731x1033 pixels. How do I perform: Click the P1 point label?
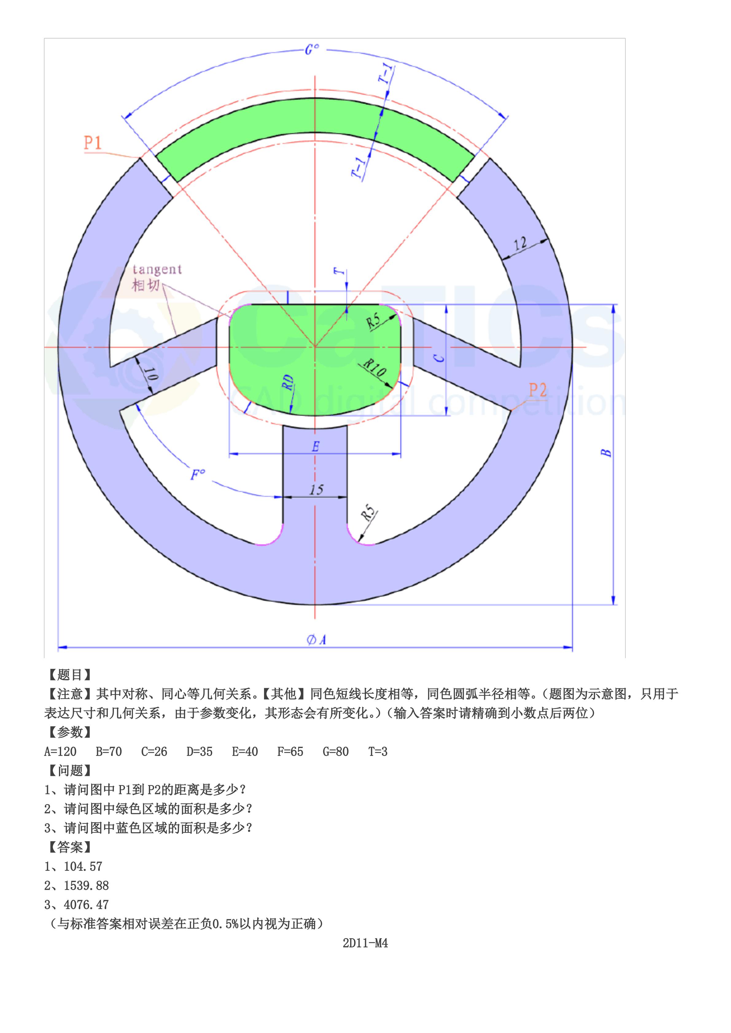coord(93,143)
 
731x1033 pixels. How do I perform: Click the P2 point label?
coord(538,390)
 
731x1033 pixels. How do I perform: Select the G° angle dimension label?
coord(312,49)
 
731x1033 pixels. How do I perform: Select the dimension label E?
coord(316,447)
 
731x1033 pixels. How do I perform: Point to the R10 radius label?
coord(375,368)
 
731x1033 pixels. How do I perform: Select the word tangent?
coord(157,269)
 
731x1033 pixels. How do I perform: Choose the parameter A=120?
coord(60,752)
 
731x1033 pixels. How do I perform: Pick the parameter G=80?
coord(335,752)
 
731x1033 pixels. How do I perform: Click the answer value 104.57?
coord(83,866)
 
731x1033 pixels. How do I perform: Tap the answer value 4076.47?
coord(86,905)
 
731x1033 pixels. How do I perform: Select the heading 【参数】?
coord(70,732)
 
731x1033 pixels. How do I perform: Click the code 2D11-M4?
coord(365,943)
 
